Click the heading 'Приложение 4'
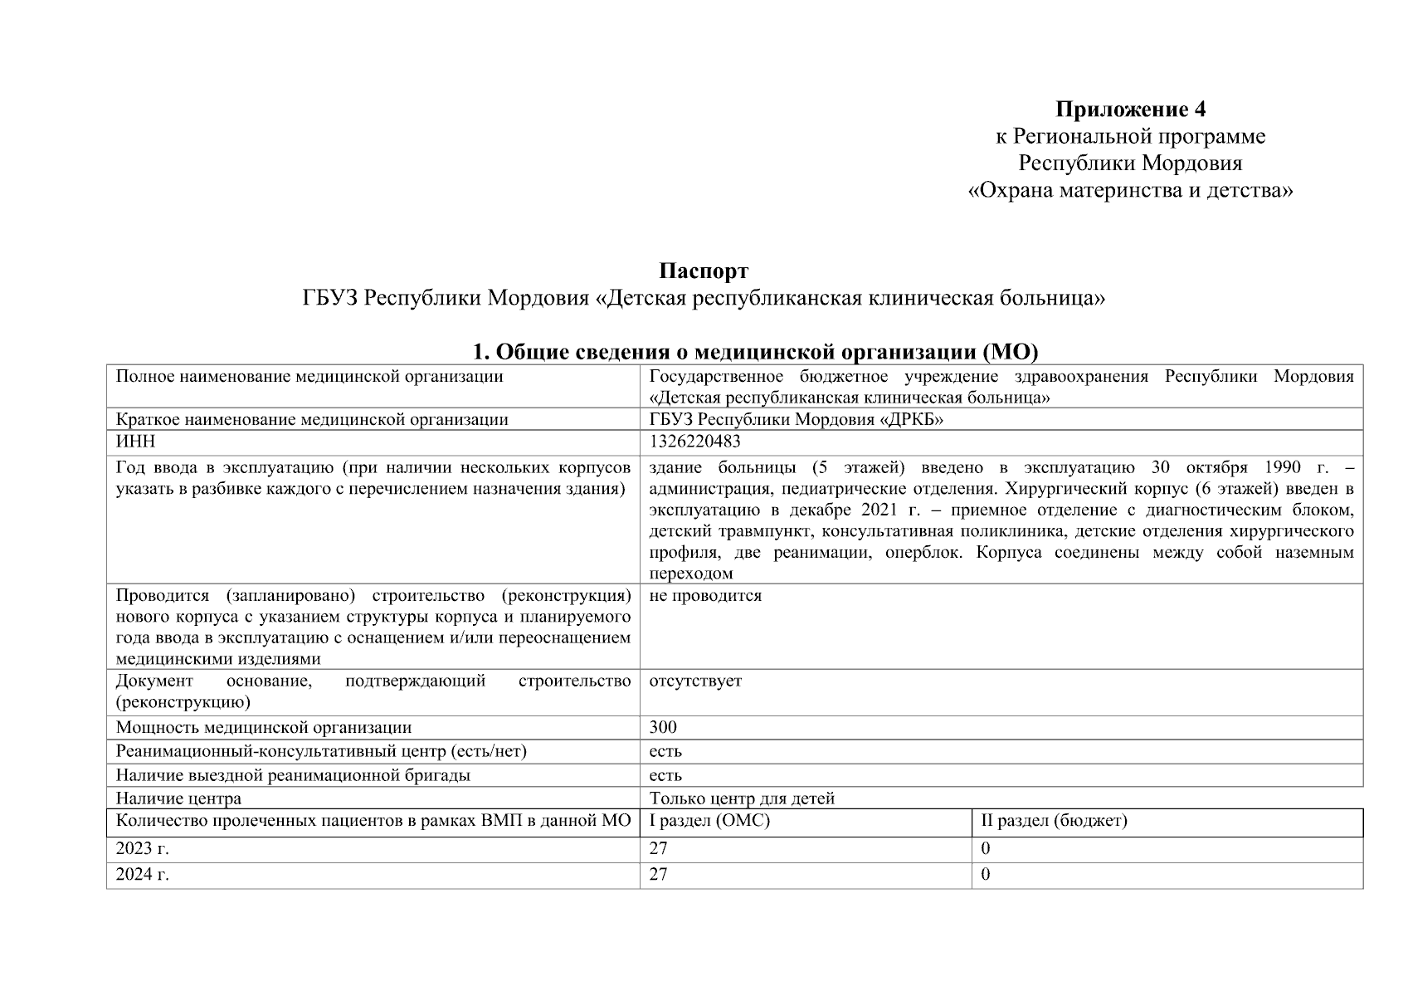1130,109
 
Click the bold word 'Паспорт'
704,271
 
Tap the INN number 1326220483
694,442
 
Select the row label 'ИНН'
135,442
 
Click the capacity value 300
663,727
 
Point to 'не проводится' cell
705,595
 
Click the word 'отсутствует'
695,681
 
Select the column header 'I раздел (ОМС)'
709,821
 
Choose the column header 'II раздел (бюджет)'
1054,821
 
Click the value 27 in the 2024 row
658,874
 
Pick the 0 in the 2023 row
986,848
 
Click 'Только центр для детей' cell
742,798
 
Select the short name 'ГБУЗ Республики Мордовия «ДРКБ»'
797,419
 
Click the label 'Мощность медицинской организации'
264,727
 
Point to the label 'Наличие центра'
179,798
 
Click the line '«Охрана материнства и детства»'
1130,191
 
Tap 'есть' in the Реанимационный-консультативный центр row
665,751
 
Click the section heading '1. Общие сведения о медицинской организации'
755,352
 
